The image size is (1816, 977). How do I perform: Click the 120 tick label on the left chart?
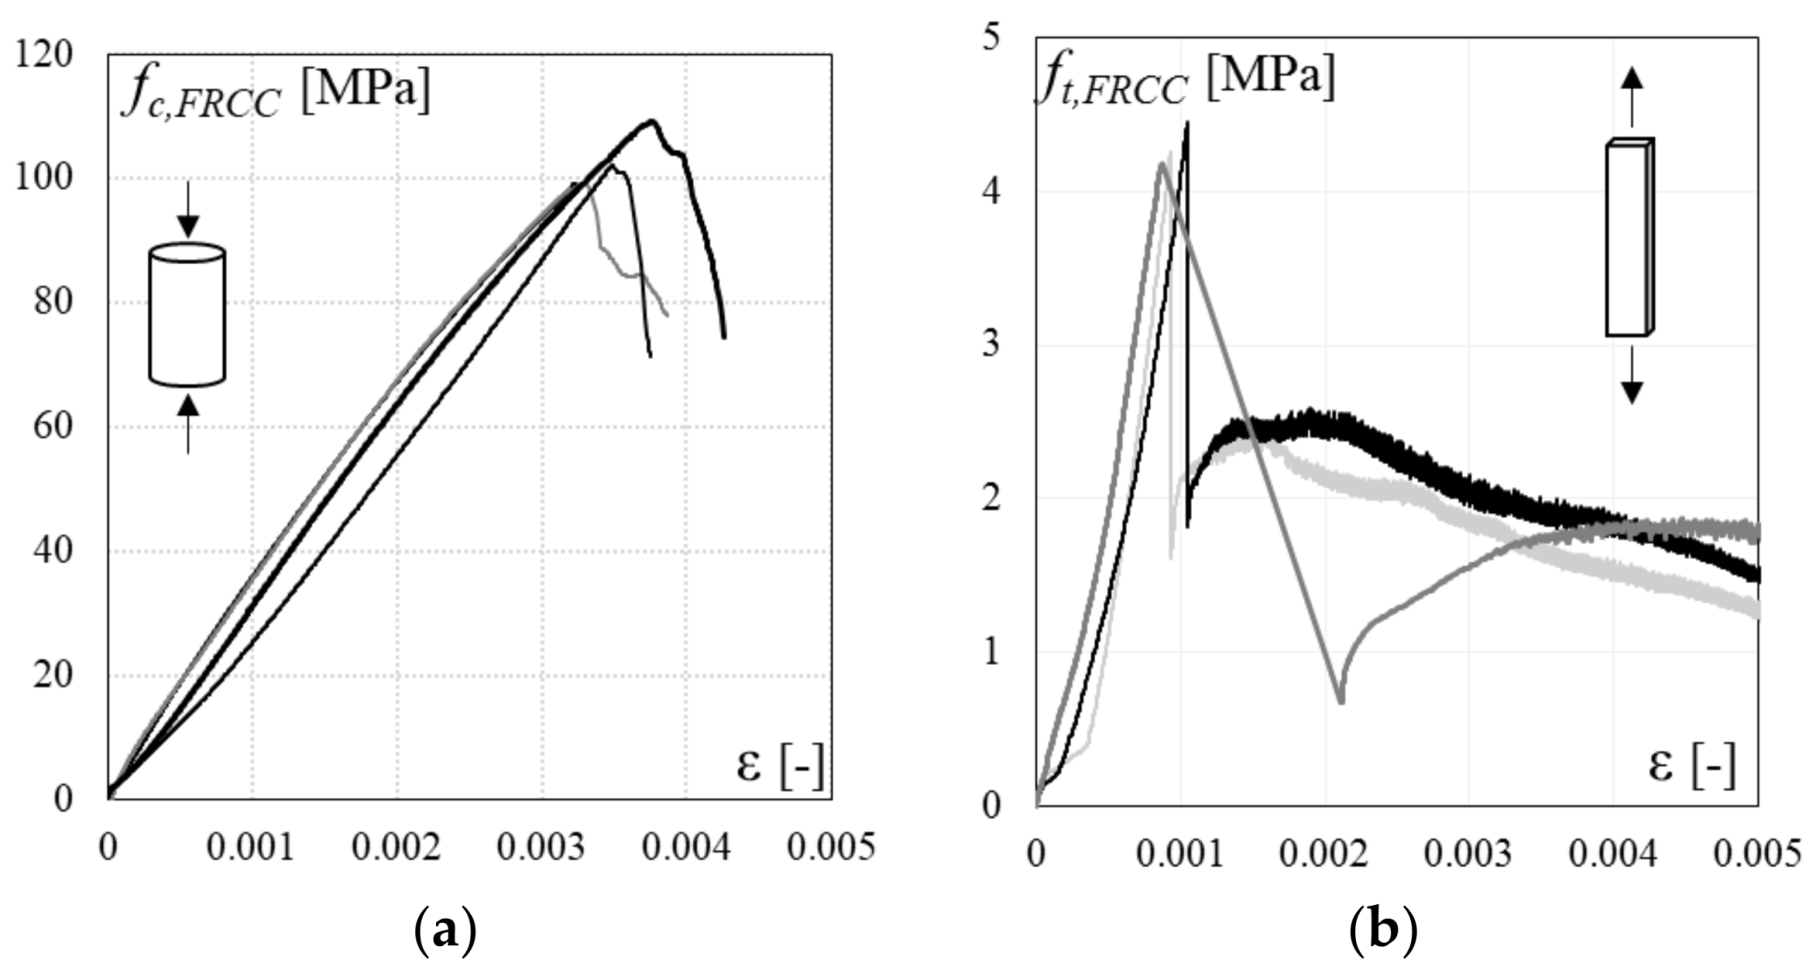(44, 55)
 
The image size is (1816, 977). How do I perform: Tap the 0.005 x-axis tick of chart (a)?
(831, 847)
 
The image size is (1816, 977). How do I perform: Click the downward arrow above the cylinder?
(187, 209)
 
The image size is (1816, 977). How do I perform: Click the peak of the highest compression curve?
(651, 121)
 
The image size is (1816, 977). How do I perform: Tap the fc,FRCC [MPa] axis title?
(276, 93)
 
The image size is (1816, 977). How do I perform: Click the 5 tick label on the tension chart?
(991, 39)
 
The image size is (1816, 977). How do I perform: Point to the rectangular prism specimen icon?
(1629, 238)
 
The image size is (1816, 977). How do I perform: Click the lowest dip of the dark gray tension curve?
(1341, 701)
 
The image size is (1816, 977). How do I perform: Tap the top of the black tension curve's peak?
(1187, 124)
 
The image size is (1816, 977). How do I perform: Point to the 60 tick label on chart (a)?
(52, 427)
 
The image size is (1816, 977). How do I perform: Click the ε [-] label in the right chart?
(1691, 765)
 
